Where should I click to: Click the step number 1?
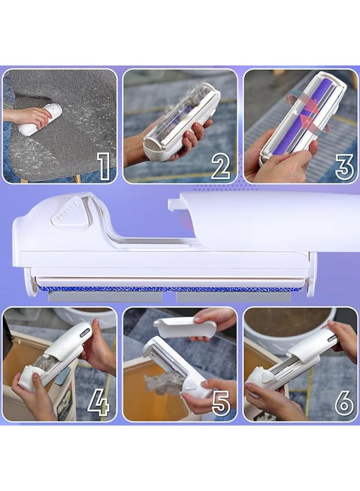point(102,165)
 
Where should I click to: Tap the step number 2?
point(220,166)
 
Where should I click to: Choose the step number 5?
point(220,403)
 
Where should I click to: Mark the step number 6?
point(344,403)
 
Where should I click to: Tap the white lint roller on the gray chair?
point(40,121)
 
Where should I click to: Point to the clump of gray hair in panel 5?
point(161,383)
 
